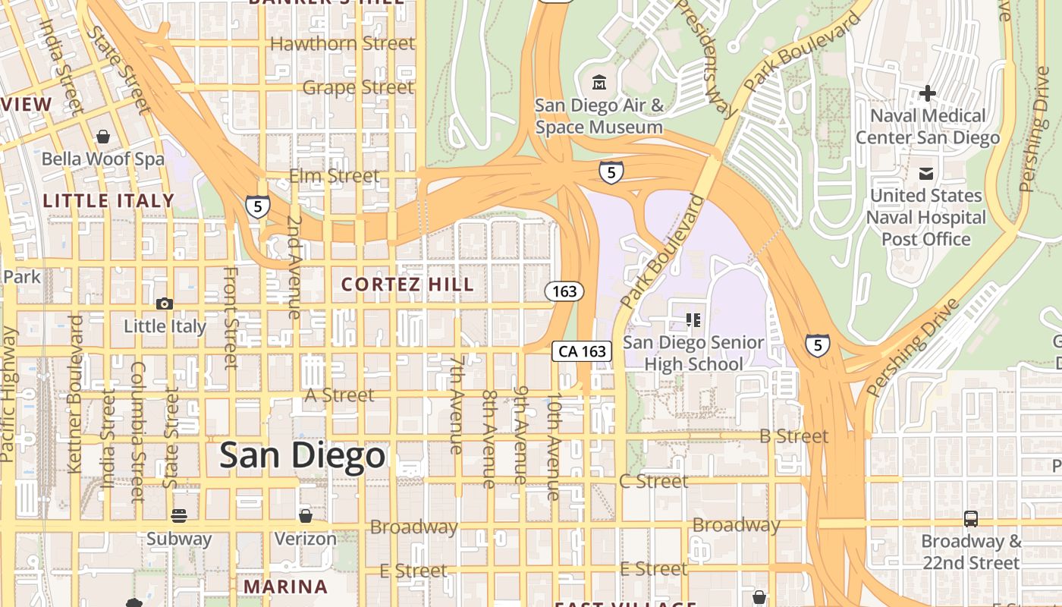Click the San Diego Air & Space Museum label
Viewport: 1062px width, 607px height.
(x=599, y=116)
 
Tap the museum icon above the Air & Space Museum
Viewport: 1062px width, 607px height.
(x=599, y=81)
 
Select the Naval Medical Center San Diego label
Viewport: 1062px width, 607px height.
(x=928, y=127)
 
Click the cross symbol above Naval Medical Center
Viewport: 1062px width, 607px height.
(x=927, y=93)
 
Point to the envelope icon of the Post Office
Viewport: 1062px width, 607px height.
(x=926, y=174)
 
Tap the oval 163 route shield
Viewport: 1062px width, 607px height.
(x=564, y=291)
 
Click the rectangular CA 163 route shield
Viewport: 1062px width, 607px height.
(x=582, y=351)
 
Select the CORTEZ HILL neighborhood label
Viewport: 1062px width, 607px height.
(x=407, y=285)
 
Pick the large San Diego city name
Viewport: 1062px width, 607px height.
(x=302, y=456)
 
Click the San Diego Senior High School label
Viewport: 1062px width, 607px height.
(x=693, y=353)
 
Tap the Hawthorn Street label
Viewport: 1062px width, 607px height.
(x=342, y=43)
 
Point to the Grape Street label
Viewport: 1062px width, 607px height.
(x=358, y=87)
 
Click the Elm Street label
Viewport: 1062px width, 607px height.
(x=334, y=176)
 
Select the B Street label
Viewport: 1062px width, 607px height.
(x=793, y=436)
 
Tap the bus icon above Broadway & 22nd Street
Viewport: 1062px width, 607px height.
(x=970, y=519)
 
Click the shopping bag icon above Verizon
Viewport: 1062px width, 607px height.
(x=305, y=517)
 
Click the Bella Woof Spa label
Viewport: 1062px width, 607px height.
(x=102, y=159)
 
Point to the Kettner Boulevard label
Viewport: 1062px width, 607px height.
(x=74, y=395)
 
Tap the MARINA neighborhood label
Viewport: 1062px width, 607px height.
(x=285, y=587)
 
